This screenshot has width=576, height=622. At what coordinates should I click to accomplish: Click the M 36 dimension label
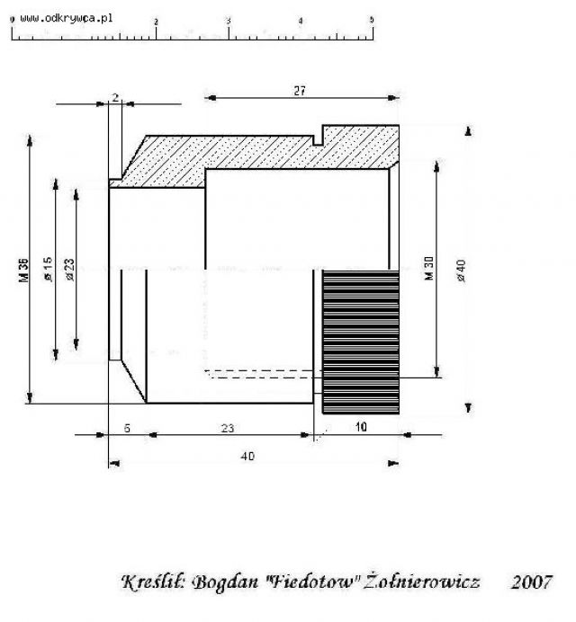coord(23,271)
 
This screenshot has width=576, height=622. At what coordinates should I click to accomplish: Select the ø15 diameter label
coord(48,270)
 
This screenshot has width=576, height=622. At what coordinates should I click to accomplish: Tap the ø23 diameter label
coord(69,270)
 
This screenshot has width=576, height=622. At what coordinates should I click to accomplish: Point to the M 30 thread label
coord(429,268)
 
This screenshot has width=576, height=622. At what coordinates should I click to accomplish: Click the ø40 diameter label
coord(461,271)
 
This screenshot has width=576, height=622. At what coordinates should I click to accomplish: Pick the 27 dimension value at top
coord(300,91)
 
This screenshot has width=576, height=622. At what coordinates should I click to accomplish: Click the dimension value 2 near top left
coord(115,97)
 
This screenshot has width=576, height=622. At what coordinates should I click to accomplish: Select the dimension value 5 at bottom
coord(127,429)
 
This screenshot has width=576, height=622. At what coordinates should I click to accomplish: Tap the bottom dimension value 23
coord(227,429)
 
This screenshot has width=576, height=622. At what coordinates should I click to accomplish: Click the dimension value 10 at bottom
coord(361,427)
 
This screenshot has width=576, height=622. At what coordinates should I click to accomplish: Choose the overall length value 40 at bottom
coord(247,457)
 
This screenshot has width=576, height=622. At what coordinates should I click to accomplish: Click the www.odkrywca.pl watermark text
coord(67,18)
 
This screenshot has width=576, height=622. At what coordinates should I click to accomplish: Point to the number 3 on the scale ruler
coord(229,22)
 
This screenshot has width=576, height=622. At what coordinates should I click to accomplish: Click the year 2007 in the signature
coord(532,582)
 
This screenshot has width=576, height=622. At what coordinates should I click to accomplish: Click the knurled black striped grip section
coord(361,342)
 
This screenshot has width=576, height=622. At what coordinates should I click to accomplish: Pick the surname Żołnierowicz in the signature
coord(422,581)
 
